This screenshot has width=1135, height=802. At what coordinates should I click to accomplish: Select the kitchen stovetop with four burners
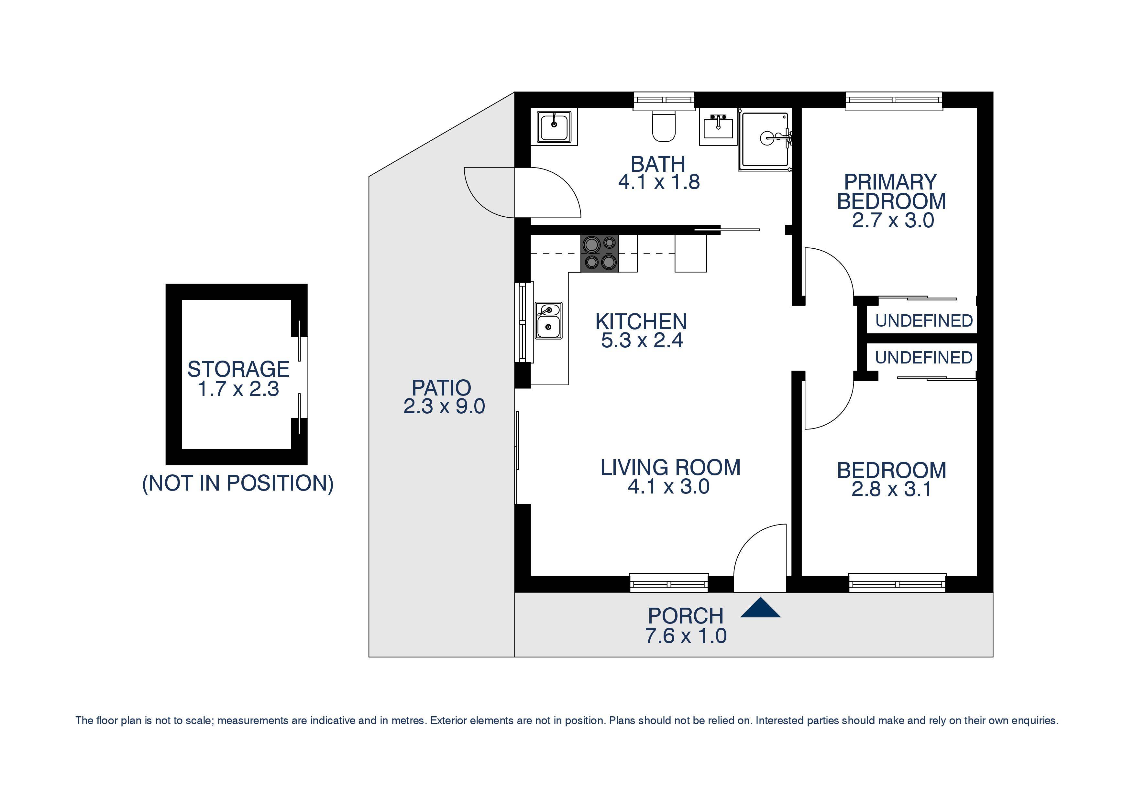(x=599, y=253)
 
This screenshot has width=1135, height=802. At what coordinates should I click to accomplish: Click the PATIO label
(x=441, y=388)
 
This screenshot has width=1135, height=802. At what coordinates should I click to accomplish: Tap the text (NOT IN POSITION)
(x=238, y=483)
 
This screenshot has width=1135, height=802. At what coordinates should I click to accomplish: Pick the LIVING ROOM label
(x=670, y=468)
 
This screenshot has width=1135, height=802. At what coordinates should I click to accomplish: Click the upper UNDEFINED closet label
(x=923, y=321)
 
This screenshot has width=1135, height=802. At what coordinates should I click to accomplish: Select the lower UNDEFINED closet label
(x=923, y=358)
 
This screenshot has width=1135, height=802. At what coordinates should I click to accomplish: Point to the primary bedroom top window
(x=894, y=101)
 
